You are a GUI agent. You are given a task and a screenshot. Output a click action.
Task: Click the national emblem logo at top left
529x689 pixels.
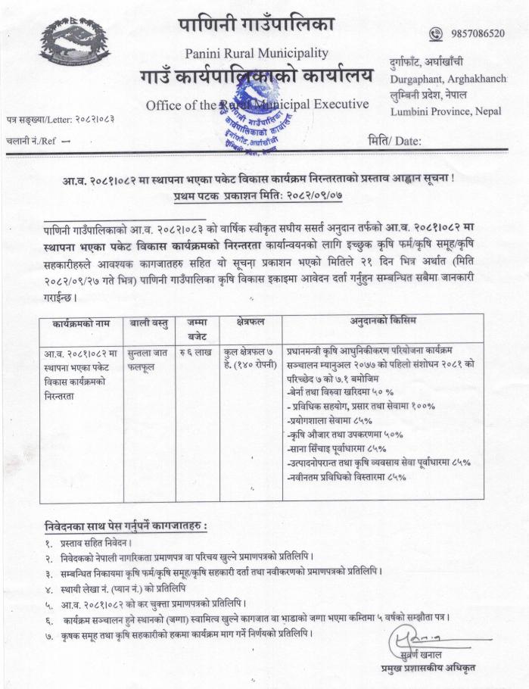[75, 42]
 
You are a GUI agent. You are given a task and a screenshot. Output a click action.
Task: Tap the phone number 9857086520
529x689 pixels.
[477, 33]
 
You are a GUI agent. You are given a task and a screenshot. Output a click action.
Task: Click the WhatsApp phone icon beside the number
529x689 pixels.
[435, 33]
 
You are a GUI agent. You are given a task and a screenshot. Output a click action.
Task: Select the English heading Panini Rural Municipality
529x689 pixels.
[257, 53]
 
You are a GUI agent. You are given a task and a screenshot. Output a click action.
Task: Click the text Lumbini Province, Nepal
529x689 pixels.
[447, 111]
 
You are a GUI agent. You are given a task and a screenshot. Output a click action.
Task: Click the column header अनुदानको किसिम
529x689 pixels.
[383, 321]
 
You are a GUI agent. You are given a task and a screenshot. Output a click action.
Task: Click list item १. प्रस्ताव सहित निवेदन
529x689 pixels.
[88, 543]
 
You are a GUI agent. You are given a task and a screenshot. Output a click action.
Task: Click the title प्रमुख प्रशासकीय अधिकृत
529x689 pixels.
[429, 668]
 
